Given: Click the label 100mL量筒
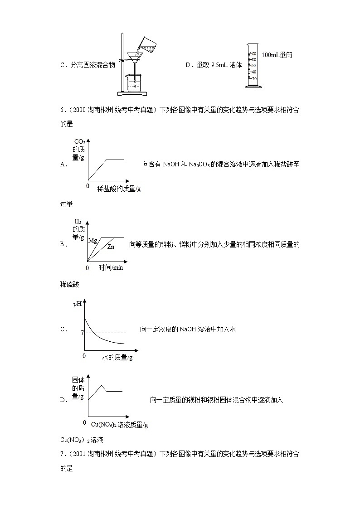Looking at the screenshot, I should [277, 55].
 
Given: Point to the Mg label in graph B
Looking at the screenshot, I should [92, 240].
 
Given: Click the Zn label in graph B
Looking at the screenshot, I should [111, 247].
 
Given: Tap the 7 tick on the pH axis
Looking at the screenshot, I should [83, 333].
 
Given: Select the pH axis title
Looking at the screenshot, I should [78, 304].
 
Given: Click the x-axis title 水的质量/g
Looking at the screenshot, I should [117, 358].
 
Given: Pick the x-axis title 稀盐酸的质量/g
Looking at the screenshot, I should [119, 189].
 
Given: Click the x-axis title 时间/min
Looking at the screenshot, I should [111, 268].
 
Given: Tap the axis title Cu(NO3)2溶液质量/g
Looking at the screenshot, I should [120, 425].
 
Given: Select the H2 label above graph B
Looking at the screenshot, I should [78, 222].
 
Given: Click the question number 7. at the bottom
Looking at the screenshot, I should [63, 453].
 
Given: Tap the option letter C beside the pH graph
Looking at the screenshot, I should [63, 330].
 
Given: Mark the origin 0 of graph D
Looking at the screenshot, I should [84, 422].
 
